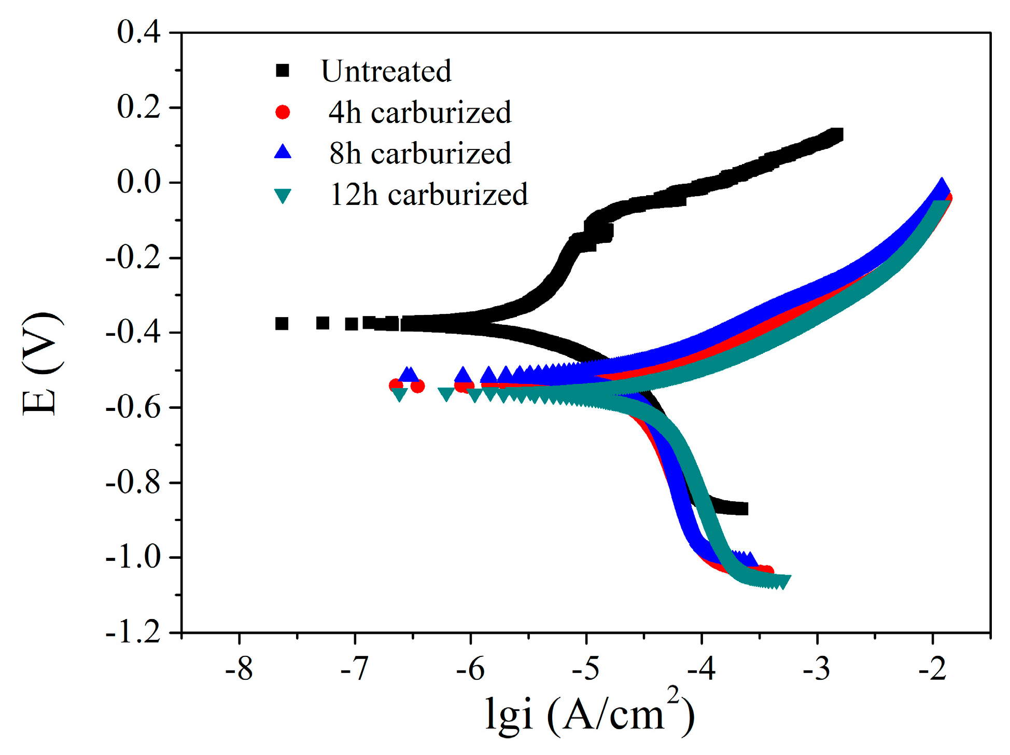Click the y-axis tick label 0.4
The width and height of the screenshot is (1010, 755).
138,32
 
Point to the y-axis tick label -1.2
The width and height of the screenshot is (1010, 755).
133,632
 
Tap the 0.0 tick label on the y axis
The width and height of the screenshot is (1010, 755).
138,182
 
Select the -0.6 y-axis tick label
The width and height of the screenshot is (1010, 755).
133,407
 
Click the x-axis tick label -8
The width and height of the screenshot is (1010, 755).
239,669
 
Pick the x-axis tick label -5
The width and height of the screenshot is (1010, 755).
585,669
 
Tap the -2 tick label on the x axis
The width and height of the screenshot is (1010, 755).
932,669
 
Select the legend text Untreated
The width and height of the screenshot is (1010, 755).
386,71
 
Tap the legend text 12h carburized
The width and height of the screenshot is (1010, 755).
429,195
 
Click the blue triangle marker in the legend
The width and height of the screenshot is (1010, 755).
283,152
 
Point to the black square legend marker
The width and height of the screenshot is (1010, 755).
283,71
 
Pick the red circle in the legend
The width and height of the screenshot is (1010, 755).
283,112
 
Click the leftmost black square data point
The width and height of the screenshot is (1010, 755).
282,324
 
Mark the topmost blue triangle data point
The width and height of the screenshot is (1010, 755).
942,187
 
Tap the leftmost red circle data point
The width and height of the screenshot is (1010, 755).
396,385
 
